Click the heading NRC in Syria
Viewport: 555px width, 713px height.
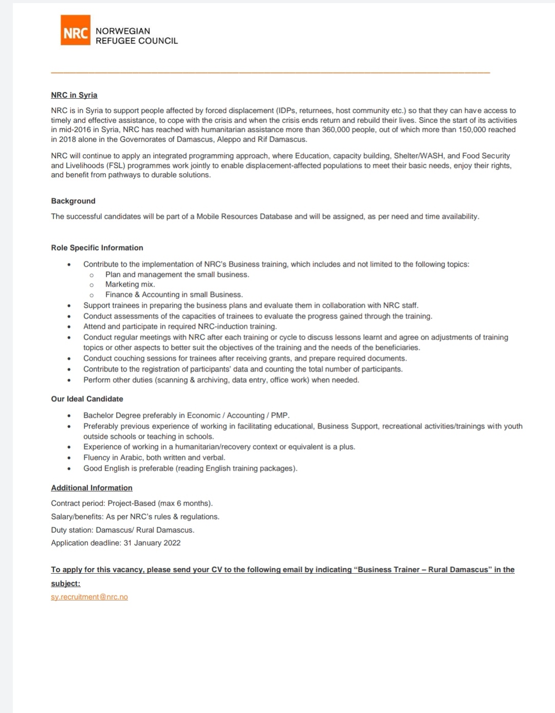[x=74, y=95]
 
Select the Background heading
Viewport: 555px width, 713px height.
[x=73, y=201]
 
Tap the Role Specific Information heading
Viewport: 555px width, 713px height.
[x=97, y=248]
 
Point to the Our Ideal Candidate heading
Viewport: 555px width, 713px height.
[x=87, y=399]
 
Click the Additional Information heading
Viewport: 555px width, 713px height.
[x=91, y=488]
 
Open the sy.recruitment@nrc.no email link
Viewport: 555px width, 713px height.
[x=89, y=597]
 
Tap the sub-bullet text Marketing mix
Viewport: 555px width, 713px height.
[x=130, y=285]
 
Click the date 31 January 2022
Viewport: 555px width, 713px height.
[x=152, y=543]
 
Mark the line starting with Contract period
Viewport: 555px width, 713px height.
[x=132, y=503]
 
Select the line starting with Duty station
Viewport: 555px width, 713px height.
[x=122, y=530]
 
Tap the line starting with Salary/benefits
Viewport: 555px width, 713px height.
[x=135, y=517]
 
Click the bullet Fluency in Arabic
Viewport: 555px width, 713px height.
[x=154, y=458]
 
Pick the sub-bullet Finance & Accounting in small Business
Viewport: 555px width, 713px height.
[x=174, y=295]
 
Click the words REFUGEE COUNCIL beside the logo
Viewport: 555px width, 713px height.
[x=137, y=41]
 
